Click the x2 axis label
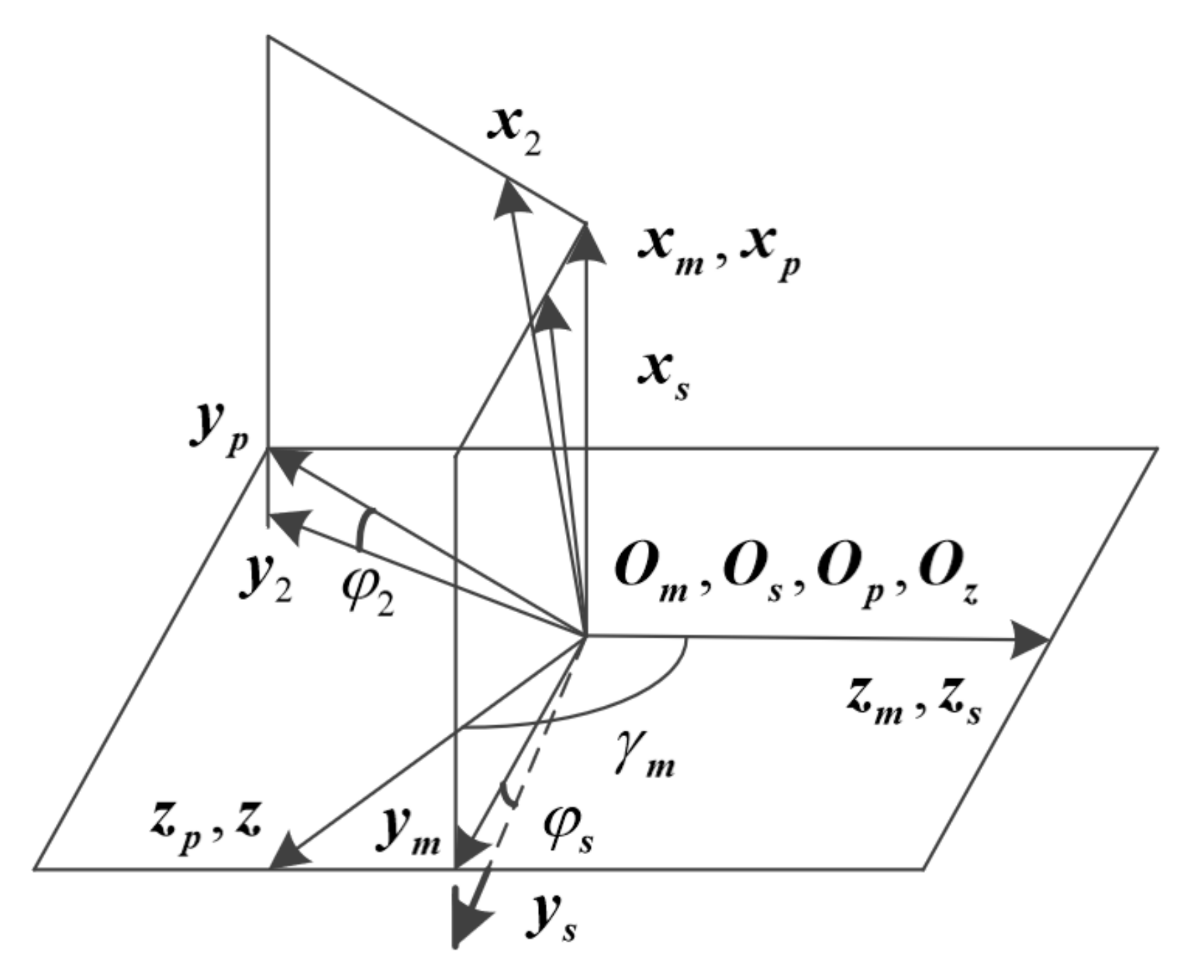pos(514,132)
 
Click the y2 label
pos(265,580)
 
